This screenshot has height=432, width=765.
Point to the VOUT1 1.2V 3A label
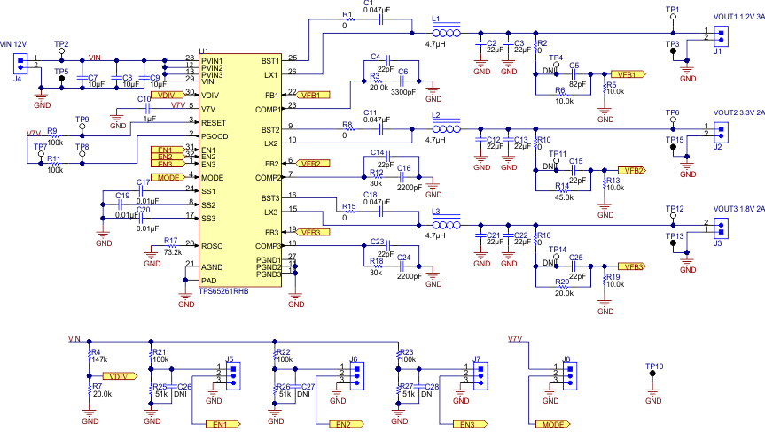click(x=738, y=17)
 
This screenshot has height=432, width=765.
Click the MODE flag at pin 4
click(x=170, y=178)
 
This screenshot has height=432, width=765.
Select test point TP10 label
click(x=654, y=366)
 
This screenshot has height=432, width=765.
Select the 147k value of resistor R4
click(x=99, y=360)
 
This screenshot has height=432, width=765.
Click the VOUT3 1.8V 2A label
click(x=738, y=209)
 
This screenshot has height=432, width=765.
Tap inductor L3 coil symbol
click(x=444, y=225)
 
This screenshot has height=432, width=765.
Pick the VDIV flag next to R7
click(x=122, y=376)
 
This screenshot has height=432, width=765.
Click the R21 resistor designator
click(x=160, y=351)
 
